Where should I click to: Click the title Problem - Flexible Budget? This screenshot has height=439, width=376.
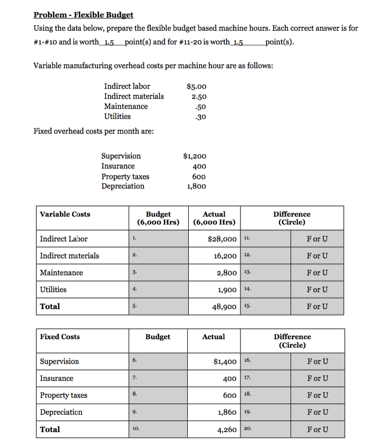[83, 15]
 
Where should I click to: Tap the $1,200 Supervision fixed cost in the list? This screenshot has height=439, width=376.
[195, 156]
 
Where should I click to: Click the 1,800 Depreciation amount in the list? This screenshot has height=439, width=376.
[197, 186]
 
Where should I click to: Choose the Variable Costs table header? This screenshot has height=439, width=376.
[65, 214]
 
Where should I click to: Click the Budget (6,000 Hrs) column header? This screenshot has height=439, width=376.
[158, 218]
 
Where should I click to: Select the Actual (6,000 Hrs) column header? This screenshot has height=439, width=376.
[214, 218]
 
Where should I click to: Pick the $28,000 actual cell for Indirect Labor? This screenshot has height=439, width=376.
[222, 239]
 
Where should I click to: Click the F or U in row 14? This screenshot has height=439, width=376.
[317, 290]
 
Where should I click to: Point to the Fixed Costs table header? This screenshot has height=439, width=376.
[60, 337]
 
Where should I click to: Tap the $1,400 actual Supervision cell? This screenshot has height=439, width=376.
[225, 361]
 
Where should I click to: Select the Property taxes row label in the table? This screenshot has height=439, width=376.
[64, 395]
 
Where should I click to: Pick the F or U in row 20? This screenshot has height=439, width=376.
[317, 430]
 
